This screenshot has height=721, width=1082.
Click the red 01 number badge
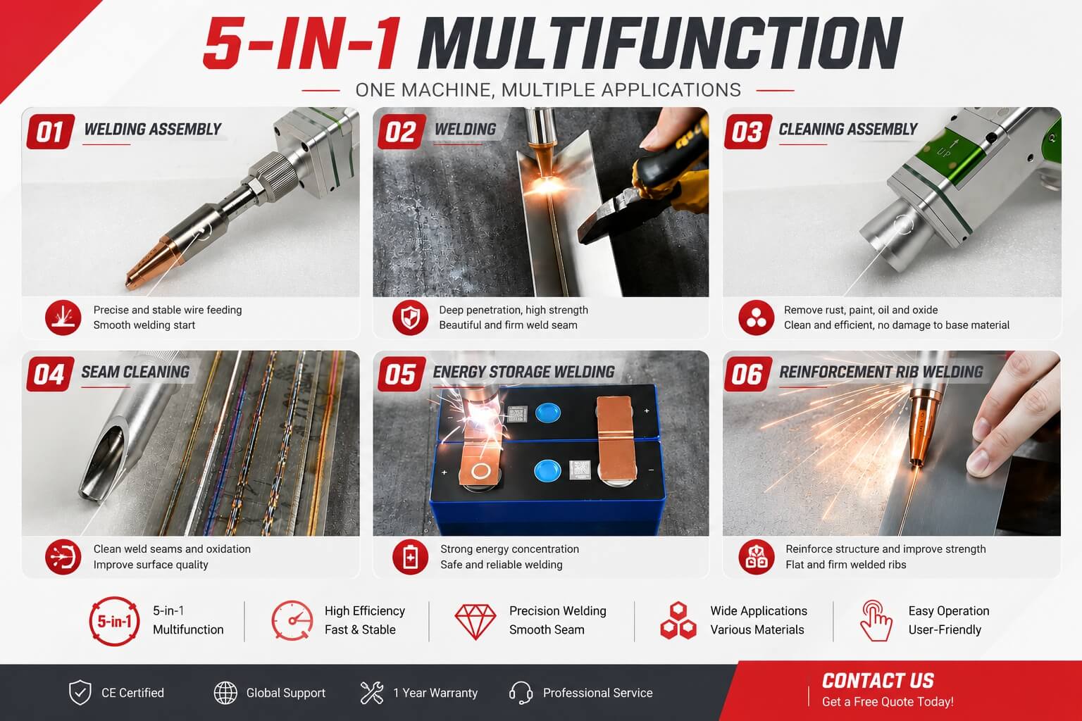(51, 132)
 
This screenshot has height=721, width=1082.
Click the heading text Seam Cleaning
(135, 372)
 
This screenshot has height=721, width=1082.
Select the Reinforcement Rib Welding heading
(881, 372)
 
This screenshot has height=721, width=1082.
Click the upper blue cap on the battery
(548, 413)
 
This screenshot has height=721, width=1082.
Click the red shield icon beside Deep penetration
(410, 318)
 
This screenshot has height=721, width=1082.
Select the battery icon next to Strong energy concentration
(410, 557)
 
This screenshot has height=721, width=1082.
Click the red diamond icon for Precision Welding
(475, 622)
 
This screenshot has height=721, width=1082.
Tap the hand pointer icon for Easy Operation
(876, 620)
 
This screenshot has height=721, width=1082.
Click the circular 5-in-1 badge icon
(115, 621)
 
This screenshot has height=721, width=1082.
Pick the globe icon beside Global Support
(225, 693)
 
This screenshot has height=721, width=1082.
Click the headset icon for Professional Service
(521, 693)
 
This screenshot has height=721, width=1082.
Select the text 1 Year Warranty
(435, 693)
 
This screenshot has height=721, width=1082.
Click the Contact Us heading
(878, 680)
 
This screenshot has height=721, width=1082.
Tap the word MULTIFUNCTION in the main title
(660, 44)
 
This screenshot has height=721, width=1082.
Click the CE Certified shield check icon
(80, 693)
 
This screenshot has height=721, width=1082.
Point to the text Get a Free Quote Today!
(888, 702)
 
